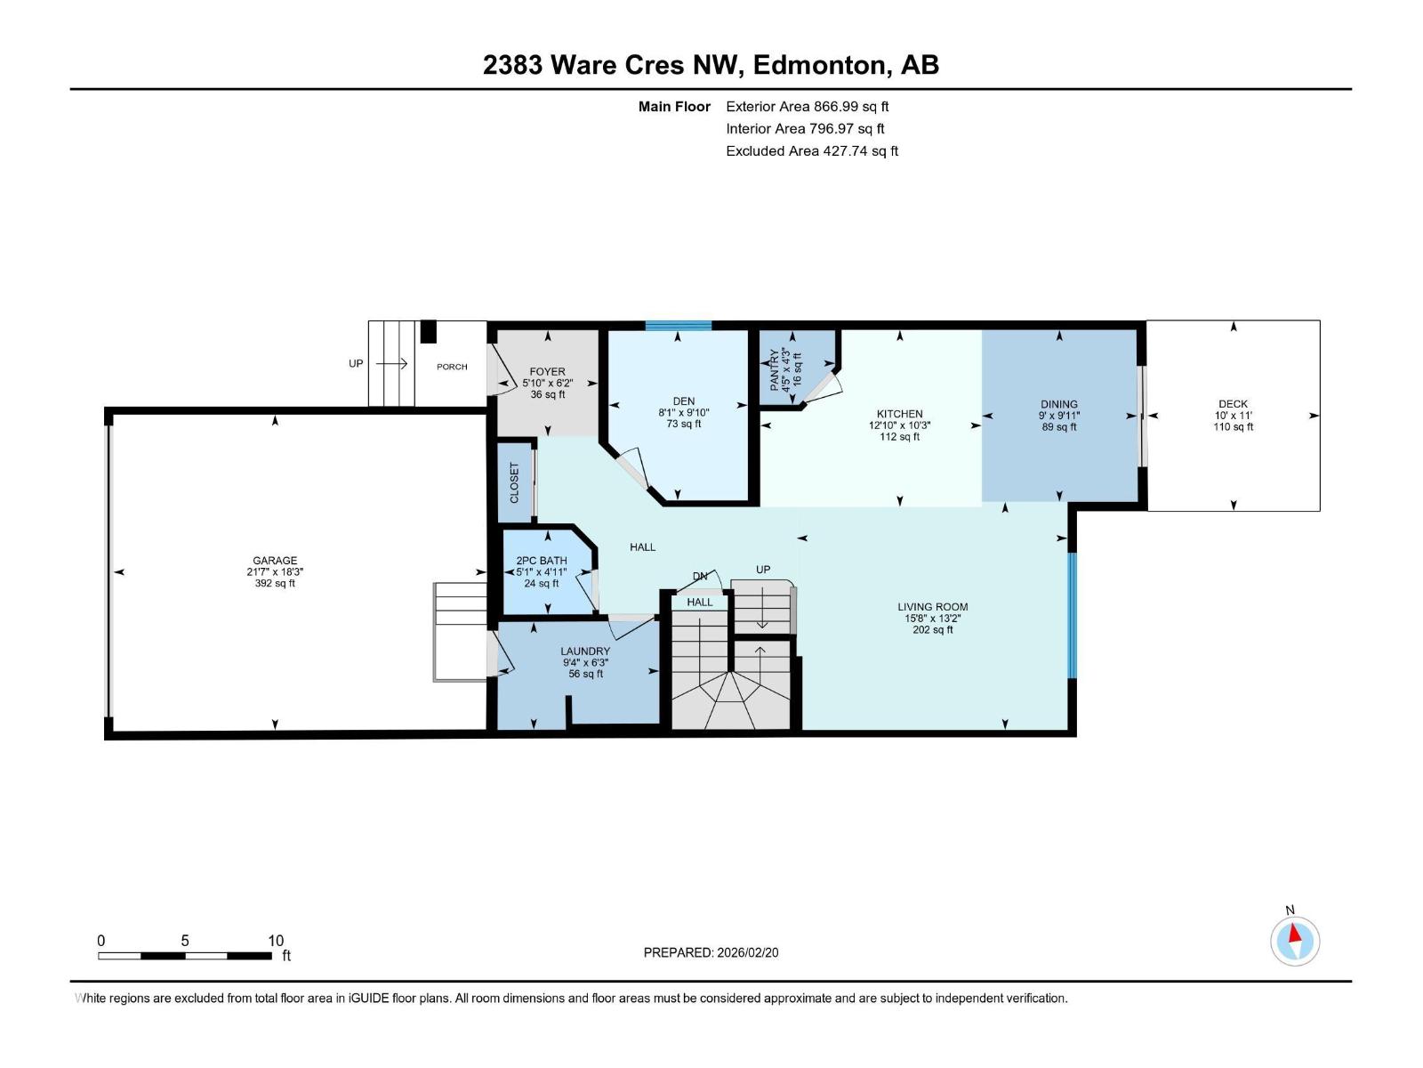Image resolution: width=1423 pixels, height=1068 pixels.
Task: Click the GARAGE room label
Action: [x=275, y=561]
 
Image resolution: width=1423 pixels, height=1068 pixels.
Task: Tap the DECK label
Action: [x=1233, y=404]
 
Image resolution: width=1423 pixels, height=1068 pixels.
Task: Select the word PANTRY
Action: [x=774, y=369]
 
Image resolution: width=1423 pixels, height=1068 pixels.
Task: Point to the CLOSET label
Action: [x=514, y=482]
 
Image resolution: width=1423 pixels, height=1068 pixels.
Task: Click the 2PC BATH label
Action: [x=542, y=561]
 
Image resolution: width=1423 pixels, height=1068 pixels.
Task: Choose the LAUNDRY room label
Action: [x=585, y=651]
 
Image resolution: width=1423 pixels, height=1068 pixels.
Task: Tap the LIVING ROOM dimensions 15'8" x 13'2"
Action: [x=932, y=618]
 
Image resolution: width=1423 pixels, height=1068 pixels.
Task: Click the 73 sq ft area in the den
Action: [x=683, y=424]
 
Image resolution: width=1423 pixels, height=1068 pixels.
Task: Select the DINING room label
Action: [x=1058, y=404]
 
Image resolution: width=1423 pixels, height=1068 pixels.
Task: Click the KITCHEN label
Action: [x=899, y=414]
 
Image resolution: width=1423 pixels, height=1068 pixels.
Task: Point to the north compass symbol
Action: [x=1295, y=941]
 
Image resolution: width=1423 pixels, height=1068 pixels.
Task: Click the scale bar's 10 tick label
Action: [x=277, y=940]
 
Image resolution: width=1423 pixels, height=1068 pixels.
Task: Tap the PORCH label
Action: [x=452, y=367]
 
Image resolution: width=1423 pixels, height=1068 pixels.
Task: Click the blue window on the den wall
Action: [x=678, y=326]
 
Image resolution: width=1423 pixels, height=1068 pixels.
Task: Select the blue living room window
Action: [x=1072, y=615]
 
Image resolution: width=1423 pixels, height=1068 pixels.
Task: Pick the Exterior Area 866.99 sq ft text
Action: [x=808, y=106]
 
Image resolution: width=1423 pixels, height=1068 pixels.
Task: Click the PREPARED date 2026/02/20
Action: [x=747, y=952]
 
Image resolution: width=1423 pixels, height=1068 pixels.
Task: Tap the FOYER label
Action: [x=547, y=371]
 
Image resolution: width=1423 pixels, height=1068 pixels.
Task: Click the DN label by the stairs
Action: [x=700, y=576]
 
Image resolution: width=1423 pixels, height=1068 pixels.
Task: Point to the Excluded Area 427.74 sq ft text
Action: [x=812, y=150]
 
